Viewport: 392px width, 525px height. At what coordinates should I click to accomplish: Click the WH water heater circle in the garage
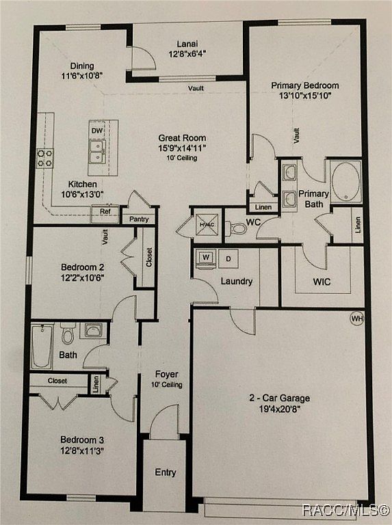[357, 319]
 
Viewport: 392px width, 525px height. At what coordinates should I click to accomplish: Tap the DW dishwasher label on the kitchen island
[97, 131]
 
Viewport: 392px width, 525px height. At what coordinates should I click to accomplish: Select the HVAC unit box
[207, 225]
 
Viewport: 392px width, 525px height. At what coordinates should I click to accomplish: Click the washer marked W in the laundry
[206, 258]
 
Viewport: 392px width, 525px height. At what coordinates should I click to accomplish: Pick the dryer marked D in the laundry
[228, 259]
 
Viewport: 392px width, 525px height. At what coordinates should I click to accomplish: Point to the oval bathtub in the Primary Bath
[346, 182]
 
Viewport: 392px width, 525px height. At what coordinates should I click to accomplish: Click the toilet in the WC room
[237, 229]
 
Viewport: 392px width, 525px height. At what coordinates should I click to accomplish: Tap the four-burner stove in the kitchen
[45, 158]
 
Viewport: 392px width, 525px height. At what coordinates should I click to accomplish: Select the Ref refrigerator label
[105, 212]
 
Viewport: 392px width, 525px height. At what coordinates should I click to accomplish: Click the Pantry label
[139, 219]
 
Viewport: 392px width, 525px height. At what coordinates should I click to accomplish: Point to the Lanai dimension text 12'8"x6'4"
[187, 54]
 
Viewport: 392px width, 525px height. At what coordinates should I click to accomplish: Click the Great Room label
[182, 138]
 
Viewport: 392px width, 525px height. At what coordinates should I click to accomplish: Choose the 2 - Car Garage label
[279, 398]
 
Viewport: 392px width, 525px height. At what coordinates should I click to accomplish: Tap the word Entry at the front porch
[166, 473]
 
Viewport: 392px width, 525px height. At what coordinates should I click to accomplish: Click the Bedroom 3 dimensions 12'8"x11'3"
[82, 450]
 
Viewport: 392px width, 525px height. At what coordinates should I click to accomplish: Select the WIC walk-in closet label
[322, 282]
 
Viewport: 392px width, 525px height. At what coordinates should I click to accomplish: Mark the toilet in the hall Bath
[68, 334]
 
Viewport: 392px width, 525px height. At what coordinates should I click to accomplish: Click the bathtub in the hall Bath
[42, 347]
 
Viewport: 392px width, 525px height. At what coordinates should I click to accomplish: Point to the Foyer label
[166, 375]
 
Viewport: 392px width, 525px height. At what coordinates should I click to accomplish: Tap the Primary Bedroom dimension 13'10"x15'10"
[305, 96]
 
